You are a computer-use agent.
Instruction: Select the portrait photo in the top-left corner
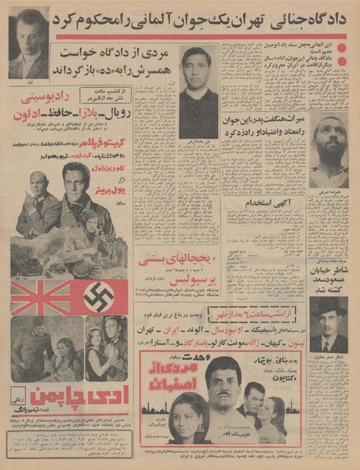(28, 43)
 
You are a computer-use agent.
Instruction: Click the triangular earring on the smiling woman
(186, 421)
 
